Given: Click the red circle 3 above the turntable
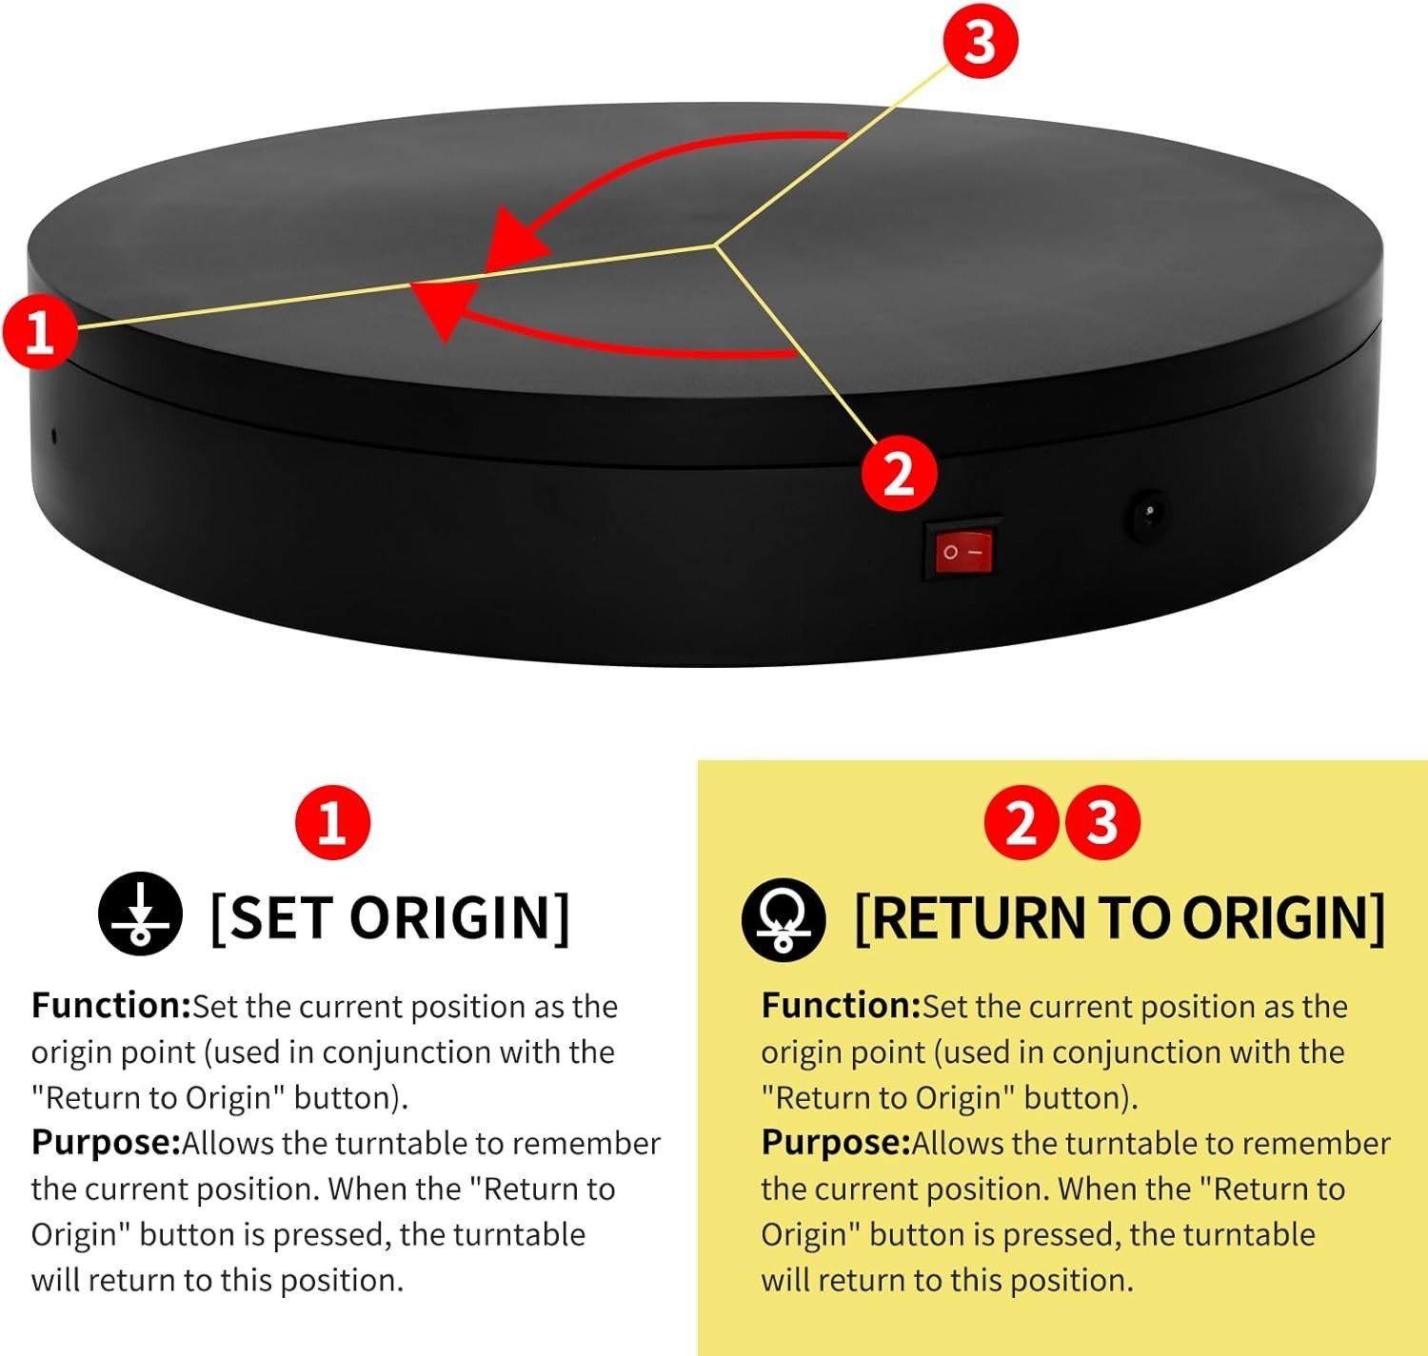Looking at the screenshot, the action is click(980, 41).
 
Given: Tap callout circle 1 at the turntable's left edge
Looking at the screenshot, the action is click(40, 331).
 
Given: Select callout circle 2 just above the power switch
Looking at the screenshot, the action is click(900, 474).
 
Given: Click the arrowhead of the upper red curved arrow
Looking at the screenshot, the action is click(512, 240).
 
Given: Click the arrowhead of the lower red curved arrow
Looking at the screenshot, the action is click(443, 309).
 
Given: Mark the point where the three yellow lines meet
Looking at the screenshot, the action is click(715, 246).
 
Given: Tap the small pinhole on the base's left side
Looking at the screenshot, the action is click(54, 436).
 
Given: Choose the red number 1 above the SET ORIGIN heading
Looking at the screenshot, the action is click(332, 822).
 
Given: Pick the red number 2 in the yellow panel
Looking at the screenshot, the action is click(1021, 822).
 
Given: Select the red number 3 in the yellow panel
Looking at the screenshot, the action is click(1101, 822).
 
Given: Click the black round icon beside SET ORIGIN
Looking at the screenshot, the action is click(140, 913).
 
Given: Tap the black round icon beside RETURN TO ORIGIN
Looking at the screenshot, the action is click(783, 919).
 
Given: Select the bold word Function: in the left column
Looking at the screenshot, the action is click(110, 1006).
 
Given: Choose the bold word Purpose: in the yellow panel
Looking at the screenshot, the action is click(835, 1143).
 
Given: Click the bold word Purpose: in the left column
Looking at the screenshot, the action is click(106, 1143).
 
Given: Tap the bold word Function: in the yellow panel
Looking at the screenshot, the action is click(842, 1006).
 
